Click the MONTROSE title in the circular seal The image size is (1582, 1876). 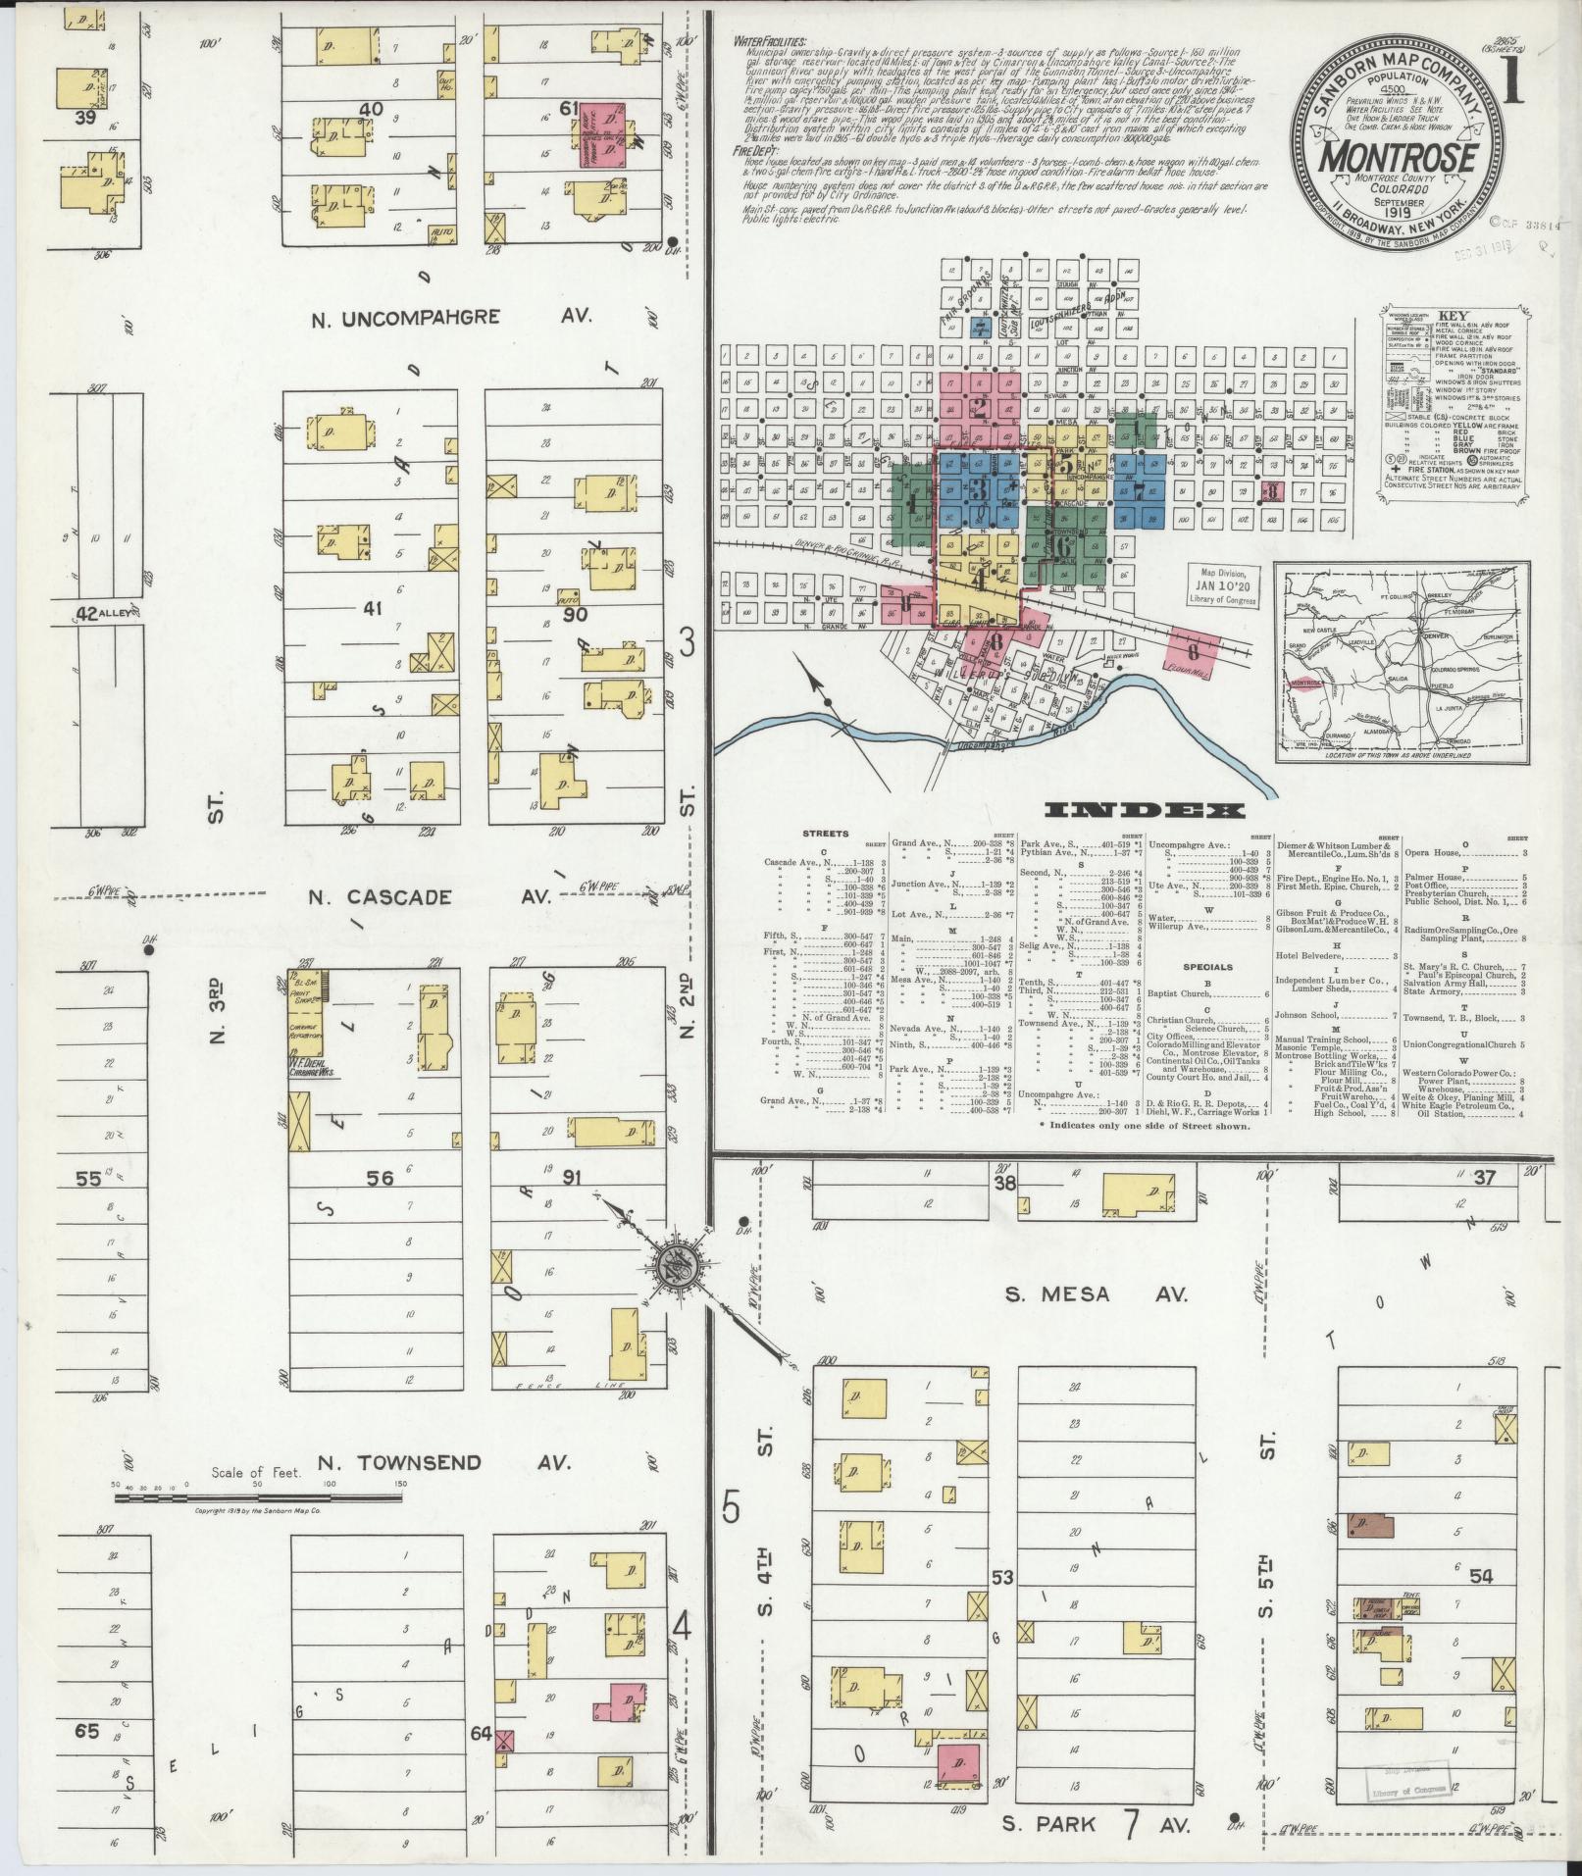click(1398, 158)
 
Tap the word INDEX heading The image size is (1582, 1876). click(1145, 810)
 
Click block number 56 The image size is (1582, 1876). click(379, 1178)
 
